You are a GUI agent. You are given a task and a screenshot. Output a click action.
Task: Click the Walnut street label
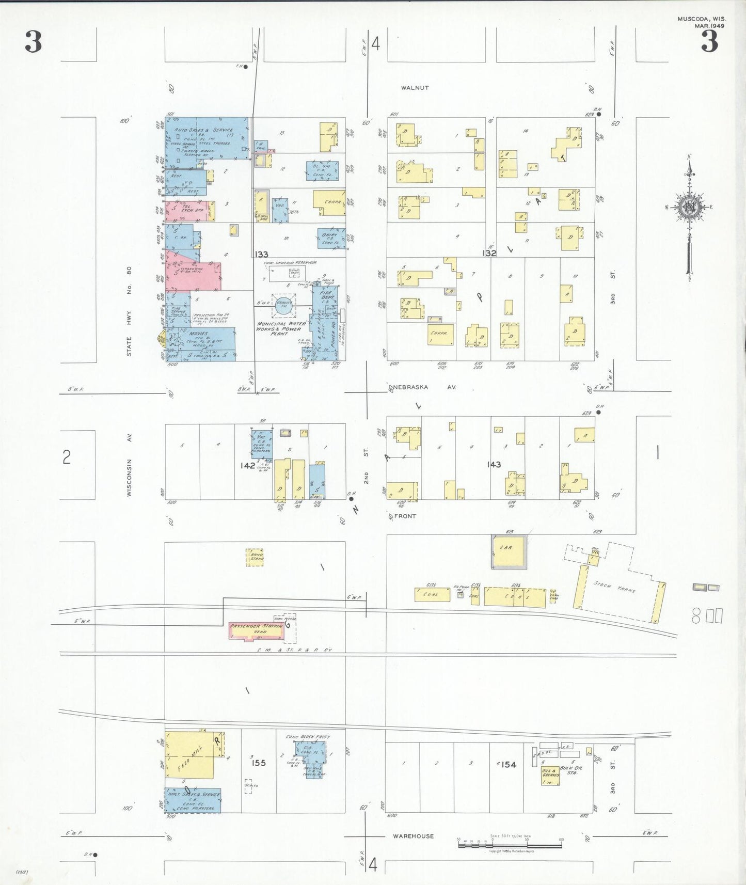click(415, 88)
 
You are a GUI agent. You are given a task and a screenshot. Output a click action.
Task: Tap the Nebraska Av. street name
click(425, 387)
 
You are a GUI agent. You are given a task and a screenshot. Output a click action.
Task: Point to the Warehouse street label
click(413, 836)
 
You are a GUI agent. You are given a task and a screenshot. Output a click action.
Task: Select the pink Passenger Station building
click(256, 630)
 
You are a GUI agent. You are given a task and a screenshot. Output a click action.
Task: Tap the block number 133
click(261, 254)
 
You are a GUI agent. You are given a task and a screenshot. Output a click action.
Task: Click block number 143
click(494, 465)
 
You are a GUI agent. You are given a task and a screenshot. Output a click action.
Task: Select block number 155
click(259, 763)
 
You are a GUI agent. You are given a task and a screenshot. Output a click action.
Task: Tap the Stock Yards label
click(622, 587)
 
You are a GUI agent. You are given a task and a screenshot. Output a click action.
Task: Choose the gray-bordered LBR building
click(509, 552)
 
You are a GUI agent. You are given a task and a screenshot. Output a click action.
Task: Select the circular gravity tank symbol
click(283, 305)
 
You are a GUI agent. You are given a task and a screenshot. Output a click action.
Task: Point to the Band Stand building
click(255, 557)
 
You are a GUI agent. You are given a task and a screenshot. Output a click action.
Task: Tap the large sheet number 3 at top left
click(34, 42)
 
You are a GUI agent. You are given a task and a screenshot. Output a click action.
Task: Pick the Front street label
click(405, 516)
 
